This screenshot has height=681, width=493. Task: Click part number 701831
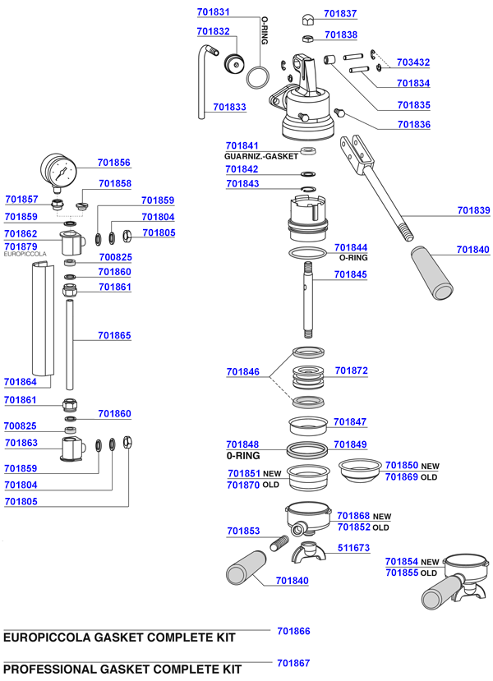[214, 13]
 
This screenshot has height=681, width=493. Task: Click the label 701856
[113, 163]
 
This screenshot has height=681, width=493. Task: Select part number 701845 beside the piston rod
[351, 276]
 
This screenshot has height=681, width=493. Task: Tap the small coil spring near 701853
[280, 542]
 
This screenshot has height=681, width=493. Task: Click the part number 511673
[353, 547]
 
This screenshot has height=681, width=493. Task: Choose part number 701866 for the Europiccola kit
[293, 631]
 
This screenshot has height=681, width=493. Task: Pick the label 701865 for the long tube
[113, 335]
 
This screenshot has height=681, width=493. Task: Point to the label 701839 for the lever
[473, 210]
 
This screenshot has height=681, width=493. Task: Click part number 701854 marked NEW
[401, 562]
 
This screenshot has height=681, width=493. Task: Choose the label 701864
[21, 382]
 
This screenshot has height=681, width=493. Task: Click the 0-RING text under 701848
[242, 455]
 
